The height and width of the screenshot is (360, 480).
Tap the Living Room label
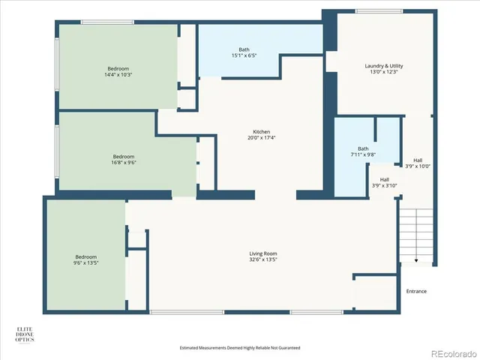pyautogui.click(x=263, y=253)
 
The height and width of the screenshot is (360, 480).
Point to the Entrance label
pyautogui.click(x=416, y=291)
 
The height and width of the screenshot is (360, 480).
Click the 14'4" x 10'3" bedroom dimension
pyautogui.click(x=119, y=74)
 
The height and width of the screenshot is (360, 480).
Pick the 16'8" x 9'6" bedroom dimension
pyautogui.click(x=124, y=162)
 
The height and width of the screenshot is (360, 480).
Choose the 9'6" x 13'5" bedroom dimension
pyautogui.click(x=85, y=263)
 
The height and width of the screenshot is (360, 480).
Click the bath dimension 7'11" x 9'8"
pyautogui.click(x=363, y=154)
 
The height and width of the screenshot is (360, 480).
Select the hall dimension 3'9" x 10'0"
pyautogui.click(x=418, y=166)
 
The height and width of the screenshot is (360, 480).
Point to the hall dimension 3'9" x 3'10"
pyautogui.click(x=384, y=185)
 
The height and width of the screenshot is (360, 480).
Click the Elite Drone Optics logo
pyautogui.click(x=25, y=334)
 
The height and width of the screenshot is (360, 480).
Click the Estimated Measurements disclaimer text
pyautogui.click(x=240, y=348)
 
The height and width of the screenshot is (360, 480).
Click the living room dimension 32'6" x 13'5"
pyautogui.click(x=263, y=259)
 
